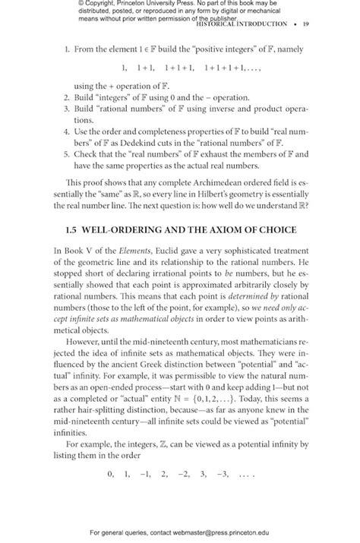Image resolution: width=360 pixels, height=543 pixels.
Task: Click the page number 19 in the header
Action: click(305, 24)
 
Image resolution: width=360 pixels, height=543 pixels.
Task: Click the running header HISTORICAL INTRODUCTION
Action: click(241, 24)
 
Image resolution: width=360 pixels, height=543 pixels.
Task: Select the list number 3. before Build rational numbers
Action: click(67, 109)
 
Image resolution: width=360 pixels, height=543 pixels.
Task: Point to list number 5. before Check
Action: click(67, 154)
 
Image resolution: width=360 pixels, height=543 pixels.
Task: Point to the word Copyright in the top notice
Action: click(105, 4)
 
